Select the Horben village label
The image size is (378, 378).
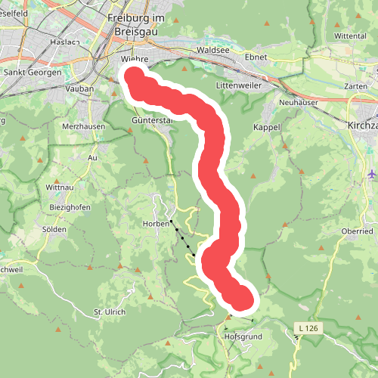tap(154, 224)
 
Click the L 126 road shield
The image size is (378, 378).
tap(307, 327)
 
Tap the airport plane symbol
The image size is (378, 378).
tap(371, 174)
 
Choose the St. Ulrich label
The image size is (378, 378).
tap(109, 311)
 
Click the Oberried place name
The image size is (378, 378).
tap(357, 231)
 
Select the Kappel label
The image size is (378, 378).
tap(267, 127)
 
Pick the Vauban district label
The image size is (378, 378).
tap(79, 88)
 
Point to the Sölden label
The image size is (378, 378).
tap(54, 229)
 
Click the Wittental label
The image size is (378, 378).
tap(350, 36)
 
